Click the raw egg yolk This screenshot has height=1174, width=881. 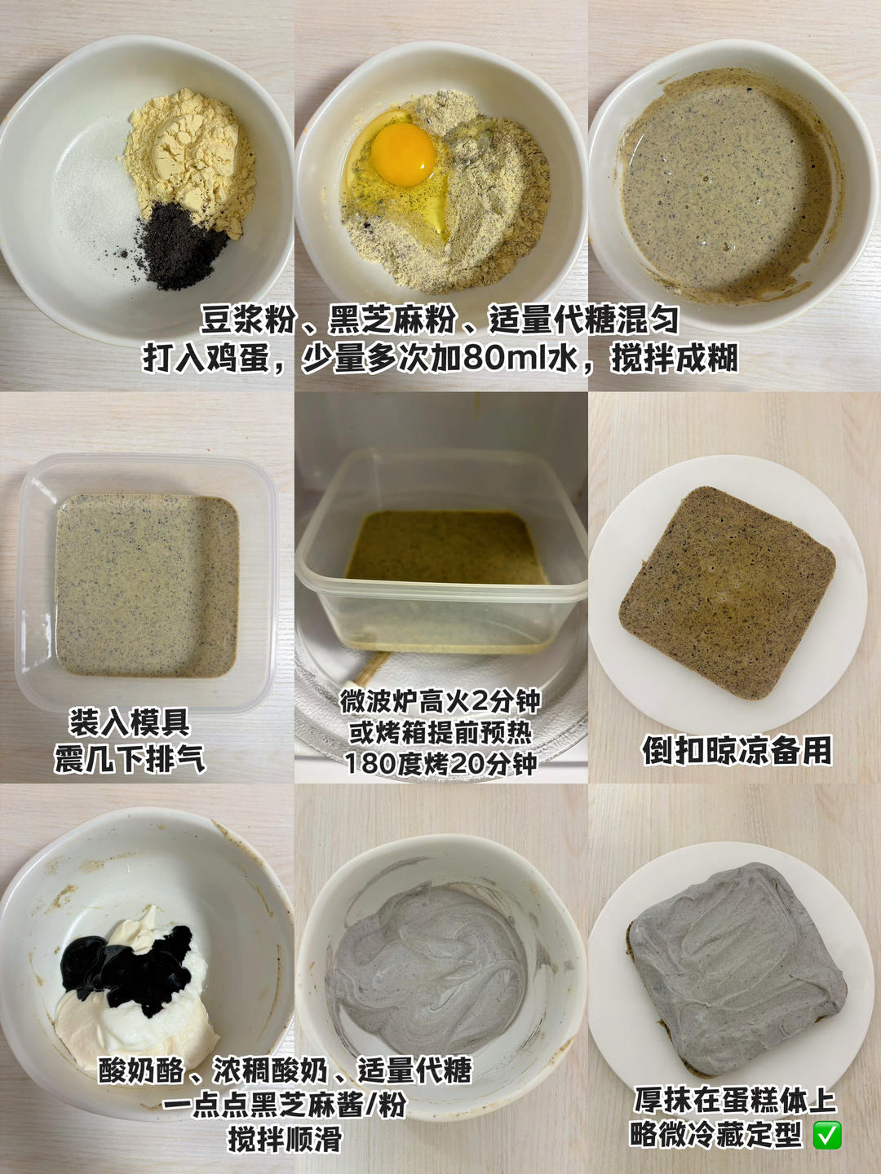click(403, 152)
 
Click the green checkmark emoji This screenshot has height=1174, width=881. click(827, 1135)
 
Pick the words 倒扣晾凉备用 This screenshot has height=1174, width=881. click(737, 751)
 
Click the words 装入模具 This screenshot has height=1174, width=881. click(130, 722)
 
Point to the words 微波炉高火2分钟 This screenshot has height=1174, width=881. click(440, 700)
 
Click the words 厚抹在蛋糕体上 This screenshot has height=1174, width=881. click(735, 1100)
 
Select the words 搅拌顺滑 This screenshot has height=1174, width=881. click(285, 1139)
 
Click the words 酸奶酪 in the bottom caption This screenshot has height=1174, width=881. click(141, 1070)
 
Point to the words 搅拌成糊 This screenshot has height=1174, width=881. click(675, 357)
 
